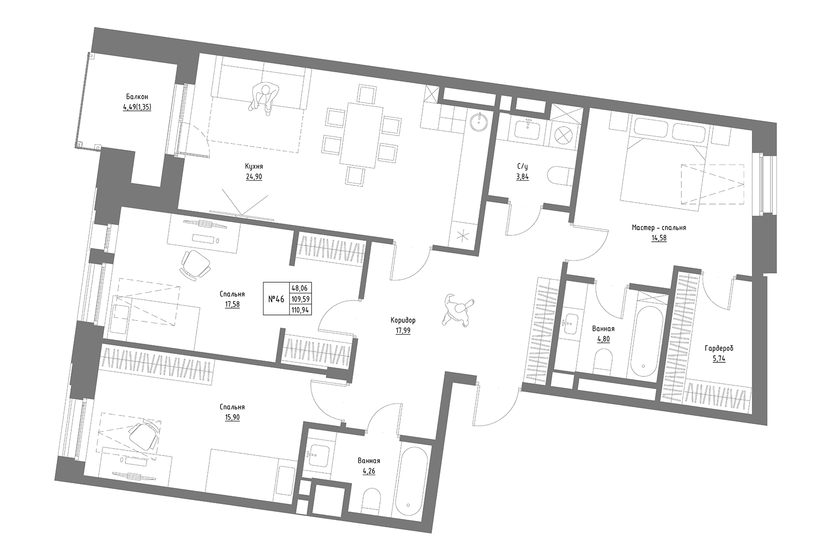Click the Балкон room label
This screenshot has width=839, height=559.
pyautogui.click(x=137, y=96)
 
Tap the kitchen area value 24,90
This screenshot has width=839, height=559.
pyautogui.click(x=254, y=177)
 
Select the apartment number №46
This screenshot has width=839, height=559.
pyautogui.click(x=276, y=299)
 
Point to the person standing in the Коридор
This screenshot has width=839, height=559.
pyautogui.click(x=458, y=310)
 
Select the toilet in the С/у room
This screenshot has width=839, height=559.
pyautogui.click(x=558, y=177)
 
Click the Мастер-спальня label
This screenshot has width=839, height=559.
pyautogui.click(x=659, y=228)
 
